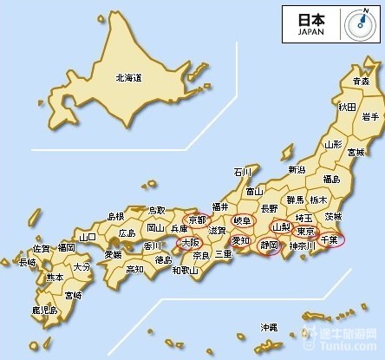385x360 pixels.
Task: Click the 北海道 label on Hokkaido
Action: click(128, 77)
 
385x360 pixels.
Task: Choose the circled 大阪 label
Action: click(190, 244)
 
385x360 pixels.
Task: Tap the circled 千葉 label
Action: click(330, 237)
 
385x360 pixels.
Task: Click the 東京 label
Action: click(304, 232)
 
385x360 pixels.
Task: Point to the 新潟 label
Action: click(297, 169)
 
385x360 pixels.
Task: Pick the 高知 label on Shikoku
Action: click(134, 269)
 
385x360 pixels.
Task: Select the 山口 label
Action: click(87, 236)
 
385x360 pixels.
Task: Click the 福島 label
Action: click(330, 179)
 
